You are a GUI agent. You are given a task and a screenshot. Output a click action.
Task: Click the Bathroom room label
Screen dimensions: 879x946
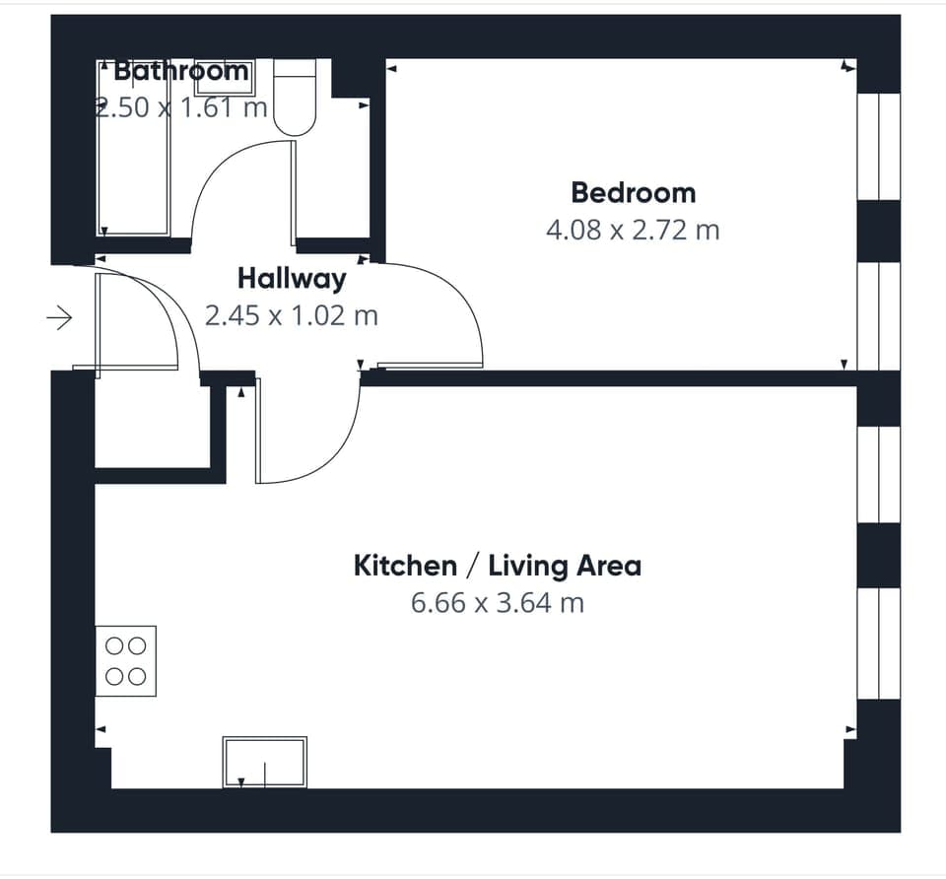(x=181, y=71)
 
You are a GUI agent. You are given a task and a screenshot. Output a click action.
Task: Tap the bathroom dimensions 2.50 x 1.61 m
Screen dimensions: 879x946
(x=181, y=106)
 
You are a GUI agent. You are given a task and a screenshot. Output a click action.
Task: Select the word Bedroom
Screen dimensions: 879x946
(x=633, y=192)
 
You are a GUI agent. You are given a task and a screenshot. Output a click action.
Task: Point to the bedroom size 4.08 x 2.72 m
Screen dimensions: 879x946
(x=633, y=231)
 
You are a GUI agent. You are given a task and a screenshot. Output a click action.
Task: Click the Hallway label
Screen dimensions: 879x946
(x=292, y=279)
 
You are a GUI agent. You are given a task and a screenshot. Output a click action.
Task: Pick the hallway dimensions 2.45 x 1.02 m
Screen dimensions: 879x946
(x=292, y=316)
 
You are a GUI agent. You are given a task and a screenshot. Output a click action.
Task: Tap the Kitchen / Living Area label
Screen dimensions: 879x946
(x=497, y=566)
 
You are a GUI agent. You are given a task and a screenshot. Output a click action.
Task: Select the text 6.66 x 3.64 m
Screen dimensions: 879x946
(x=497, y=602)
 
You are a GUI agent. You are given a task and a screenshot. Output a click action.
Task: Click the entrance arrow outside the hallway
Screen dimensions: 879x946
(x=60, y=317)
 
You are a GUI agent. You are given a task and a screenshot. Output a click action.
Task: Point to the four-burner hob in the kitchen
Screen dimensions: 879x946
(x=125, y=661)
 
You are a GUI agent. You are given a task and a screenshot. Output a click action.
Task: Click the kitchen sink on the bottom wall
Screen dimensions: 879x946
(x=264, y=762)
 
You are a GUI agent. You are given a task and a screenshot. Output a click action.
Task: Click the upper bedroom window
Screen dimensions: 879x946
(x=878, y=146)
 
